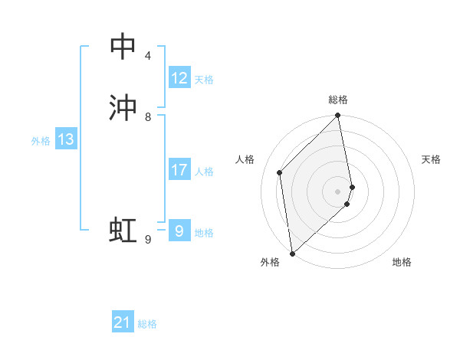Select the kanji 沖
tap(123, 108)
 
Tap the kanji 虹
tap(123, 229)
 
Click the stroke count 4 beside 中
tap(147, 56)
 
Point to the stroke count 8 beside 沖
tap(147, 117)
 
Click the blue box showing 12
tap(179, 78)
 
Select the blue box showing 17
tap(179, 170)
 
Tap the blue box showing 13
tap(66, 139)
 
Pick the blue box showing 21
tap(122, 322)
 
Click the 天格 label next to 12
tap(204, 80)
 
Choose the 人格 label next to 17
tap(204, 172)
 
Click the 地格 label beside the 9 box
tap(204, 233)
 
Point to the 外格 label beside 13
tap(41, 141)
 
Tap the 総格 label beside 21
tap(147, 324)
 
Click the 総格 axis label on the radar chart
tap(338, 100)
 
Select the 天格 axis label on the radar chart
tap(431, 159)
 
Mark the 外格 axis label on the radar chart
tap(270, 262)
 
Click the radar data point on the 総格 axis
tap(338, 116)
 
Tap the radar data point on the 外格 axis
tap(292, 253)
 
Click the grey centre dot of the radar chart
tap(338, 191)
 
